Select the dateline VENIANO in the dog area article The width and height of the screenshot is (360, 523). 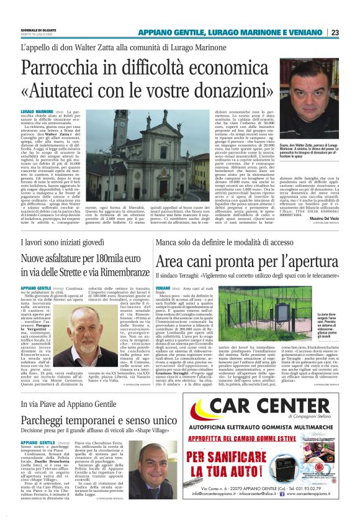click(164, 289)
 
